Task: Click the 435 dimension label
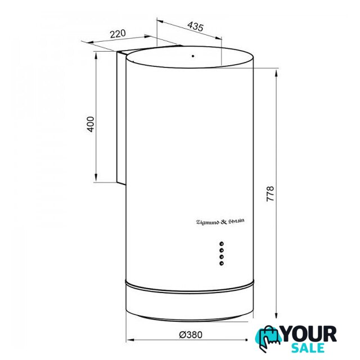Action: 195,26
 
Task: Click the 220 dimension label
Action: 118,34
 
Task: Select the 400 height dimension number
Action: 91,124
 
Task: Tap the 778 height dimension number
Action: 270,194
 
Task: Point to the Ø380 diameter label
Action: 191,335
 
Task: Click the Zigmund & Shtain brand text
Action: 220,222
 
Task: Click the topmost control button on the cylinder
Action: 222,244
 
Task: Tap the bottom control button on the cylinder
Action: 222,263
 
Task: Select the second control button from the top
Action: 222,250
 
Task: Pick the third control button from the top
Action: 222,256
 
